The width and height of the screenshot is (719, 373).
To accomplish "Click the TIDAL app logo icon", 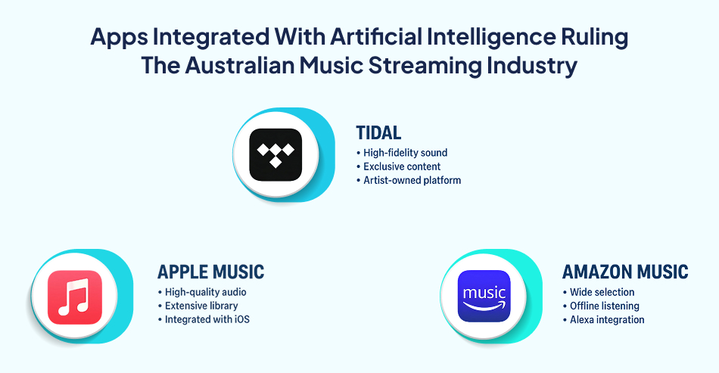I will click(275, 154).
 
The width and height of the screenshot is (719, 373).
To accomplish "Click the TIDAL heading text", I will click(378, 133).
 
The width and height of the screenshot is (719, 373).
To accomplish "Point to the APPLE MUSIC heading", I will click(210, 272).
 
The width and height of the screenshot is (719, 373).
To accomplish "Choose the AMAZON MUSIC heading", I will click(625, 272).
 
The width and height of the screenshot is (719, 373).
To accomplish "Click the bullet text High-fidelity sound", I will click(405, 153).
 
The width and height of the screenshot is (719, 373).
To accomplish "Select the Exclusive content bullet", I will click(402, 166).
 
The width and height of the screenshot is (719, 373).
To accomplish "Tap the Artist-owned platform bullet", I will click(412, 180).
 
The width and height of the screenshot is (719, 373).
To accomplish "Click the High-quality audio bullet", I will click(205, 292).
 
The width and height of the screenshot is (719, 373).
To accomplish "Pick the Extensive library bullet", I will click(201, 306).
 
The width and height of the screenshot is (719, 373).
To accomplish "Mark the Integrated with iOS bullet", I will click(207, 319).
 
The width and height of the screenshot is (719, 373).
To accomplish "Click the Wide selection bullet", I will click(602, 292).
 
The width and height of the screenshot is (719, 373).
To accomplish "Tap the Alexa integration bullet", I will click(606, 319).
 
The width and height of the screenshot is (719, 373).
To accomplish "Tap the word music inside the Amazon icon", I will click(484, 292).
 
